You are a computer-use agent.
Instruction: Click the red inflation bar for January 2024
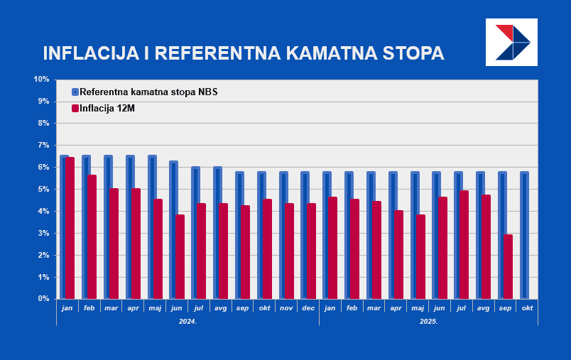(x=70, y=227)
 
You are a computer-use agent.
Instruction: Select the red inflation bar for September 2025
(x=508, y=266)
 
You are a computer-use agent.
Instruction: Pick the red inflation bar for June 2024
(x=180, y=256)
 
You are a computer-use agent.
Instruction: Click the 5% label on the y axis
(x=43, y=189)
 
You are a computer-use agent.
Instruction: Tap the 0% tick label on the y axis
(x=43, y=298)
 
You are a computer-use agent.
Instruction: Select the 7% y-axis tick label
(x=43, y=145)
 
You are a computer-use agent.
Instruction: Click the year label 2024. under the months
(x=187, y=321)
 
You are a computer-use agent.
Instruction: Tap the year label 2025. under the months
(x=428, y=321)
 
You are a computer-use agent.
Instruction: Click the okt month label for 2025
(x=527, y=307)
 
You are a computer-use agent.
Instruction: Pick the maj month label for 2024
(x=155, y=307)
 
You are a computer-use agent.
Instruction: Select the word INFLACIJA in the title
(x=89, y=53)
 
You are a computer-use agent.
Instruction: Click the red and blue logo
(x=511, y=42)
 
